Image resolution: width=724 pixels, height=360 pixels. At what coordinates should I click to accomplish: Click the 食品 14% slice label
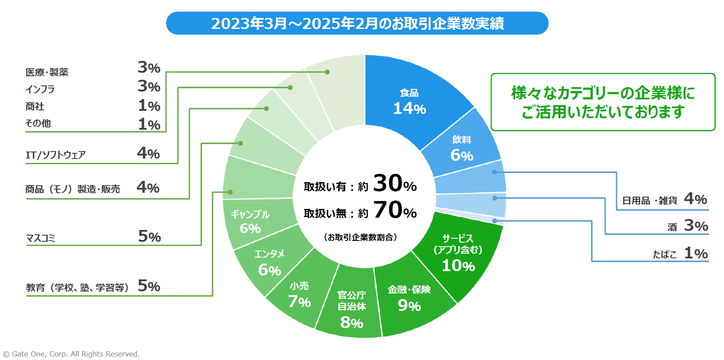pyautogui.click(x=409, y=102)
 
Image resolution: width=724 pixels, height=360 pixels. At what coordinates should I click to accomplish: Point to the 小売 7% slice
pyautogui.click(x=299, y=295)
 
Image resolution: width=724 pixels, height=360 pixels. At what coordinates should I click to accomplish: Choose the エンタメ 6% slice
pyautogui.click(x=269, y=263)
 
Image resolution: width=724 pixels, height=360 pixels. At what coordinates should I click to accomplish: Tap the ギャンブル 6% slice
pyautogui.click(x=250, y=222)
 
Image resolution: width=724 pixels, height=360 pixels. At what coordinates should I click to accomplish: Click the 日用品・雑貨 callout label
pyautogui.click(x=649, y=201)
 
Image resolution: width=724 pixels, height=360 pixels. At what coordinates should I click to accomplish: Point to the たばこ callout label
pyautogui.click(x=664, y=254)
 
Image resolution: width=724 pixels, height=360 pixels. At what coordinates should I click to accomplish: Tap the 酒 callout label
pyautogui.click(x=672, y=227)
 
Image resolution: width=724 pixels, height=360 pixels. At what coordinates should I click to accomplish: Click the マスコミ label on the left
pyautogui.click(x=40, y=238)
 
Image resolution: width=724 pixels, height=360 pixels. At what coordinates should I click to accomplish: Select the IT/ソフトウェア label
pyautogui.click(x=56, y=155)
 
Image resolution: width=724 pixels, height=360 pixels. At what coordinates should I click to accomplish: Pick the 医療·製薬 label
pyautogui.click(x=47, y=72)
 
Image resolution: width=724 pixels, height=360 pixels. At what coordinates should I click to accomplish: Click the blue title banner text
pyautogui.click(x=357, y=23)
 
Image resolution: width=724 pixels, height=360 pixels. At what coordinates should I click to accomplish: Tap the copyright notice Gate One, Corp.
pyautogui.click(x=71, y=354)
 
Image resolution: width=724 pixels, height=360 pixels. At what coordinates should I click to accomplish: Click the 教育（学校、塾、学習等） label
pyautogui.click(x=77, y=288)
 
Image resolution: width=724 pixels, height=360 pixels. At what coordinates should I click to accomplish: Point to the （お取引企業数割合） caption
pyautogui.click(x=360, y=237)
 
